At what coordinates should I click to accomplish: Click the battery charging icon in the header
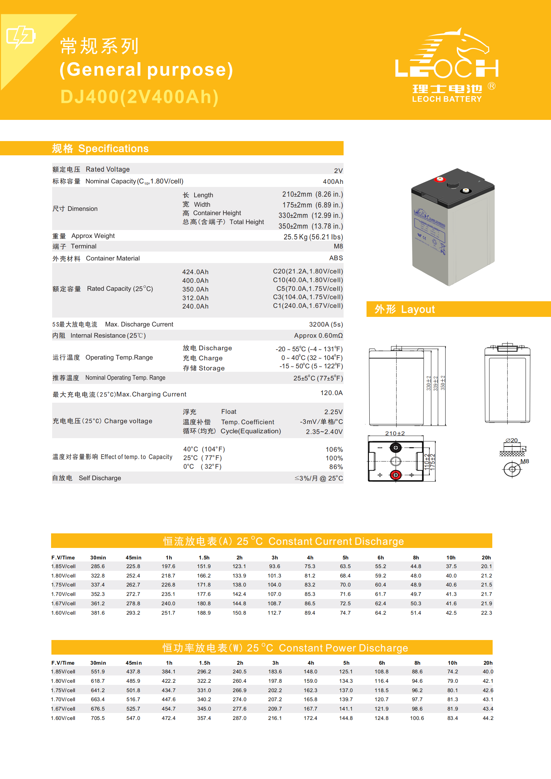[x=21, y=36]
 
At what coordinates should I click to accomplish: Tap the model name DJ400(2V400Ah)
[x=139, y=97]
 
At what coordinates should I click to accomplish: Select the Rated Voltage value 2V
[x=338, y=171]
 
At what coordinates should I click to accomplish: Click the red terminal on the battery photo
[x=440, y=179]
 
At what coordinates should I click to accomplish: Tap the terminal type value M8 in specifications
[x=338, y=246]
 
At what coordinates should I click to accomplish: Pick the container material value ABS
[x=336, y=258]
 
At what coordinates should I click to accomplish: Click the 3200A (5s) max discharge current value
[x=326, y=325]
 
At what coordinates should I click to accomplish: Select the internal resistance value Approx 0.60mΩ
[x=318, y=336]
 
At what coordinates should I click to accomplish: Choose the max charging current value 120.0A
[x=331, y=393]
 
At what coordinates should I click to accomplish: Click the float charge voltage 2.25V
[x=333, y=412]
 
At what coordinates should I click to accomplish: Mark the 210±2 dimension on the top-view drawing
[x=395, y=433]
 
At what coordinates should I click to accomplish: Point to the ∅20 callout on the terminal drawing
[x=512, y=440]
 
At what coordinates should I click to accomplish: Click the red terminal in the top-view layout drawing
[x=396, y=475]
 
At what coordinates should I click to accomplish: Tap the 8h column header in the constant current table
[x=416, y=558]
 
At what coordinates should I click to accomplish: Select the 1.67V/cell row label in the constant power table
[x=63, y=709]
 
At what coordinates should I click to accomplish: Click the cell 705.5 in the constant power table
[x=98, y=718]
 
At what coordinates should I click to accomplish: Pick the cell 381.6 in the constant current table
[x=98, y=613]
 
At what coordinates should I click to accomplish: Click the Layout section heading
[x=405, y=309]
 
